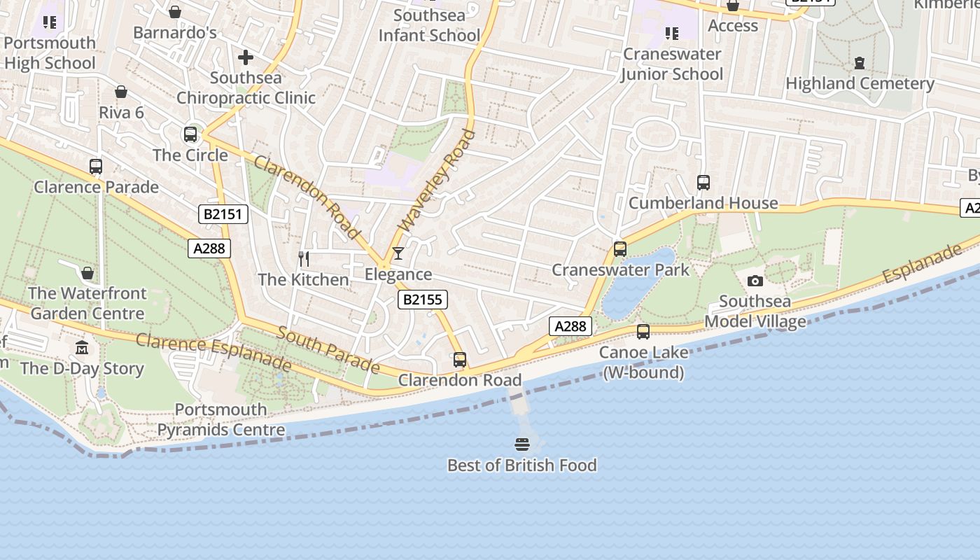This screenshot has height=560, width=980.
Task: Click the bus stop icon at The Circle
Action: (190, 134)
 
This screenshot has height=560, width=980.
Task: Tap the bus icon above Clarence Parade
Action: (96, 167)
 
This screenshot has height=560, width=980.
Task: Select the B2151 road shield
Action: (223, 214)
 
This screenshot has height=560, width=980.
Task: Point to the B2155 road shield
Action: (423, 300)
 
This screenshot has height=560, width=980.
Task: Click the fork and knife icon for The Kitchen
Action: (304, 259)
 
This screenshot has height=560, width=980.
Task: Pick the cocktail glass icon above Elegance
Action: (398, 253)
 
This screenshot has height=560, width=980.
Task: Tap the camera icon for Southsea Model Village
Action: (755, 281)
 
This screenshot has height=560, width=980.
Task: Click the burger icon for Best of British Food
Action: (521, 444)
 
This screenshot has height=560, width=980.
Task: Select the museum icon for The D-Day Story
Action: (82, 348)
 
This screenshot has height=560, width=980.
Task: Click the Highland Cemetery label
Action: (860, 83)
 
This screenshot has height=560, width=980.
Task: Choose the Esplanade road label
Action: (922, 263)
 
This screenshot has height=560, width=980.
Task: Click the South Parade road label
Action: (328, 350)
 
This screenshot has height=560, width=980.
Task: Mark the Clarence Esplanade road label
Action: (213, 352)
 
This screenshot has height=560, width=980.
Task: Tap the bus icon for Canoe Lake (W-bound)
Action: (643, 332)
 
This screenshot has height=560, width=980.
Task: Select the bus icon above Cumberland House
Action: (703, 183)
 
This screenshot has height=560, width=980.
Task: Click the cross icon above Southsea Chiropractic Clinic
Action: (246, 57)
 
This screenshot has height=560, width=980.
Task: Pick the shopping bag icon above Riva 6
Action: (121, 92)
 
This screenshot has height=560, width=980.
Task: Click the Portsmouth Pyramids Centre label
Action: (220, 419)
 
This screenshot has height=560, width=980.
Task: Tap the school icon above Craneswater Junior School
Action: (672, 34)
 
